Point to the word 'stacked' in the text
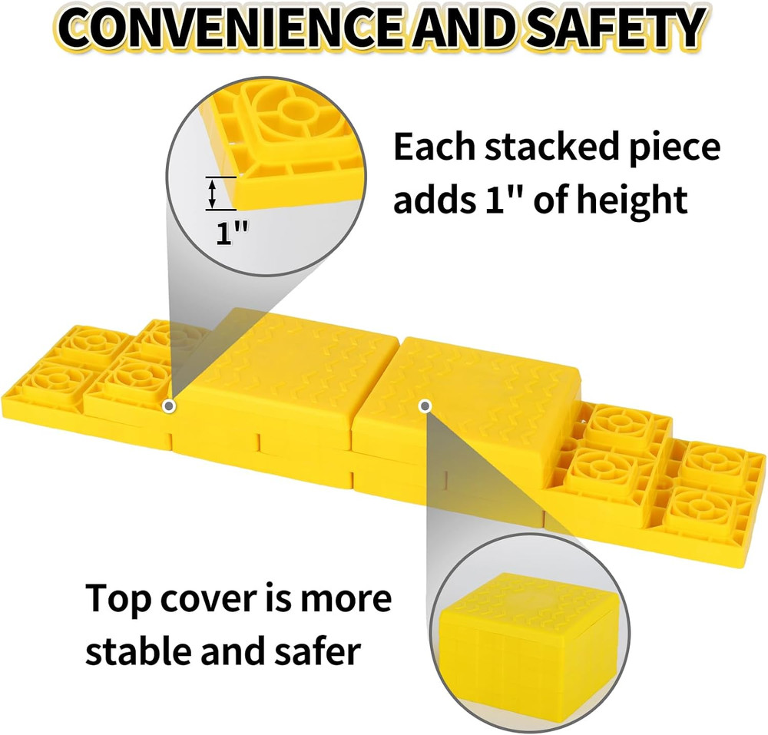(x=547, y=147)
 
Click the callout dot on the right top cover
(x=425, y=405)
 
